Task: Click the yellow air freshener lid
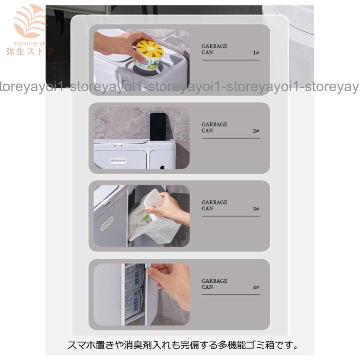[150, 49]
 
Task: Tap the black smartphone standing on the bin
[158, 127]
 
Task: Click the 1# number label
[256, 52]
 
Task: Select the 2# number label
[256, 131]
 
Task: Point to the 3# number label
[256, 209]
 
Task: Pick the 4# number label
[256, 287]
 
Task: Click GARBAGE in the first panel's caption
[214, 46]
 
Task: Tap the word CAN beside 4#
[207, 287]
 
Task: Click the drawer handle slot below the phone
[118, 161]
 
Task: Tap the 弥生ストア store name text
[30, 52]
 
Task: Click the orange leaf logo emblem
[30, 21]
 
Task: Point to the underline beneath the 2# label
[231, 138]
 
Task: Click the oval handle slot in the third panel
[107, 223]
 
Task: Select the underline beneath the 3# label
[231, 216]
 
